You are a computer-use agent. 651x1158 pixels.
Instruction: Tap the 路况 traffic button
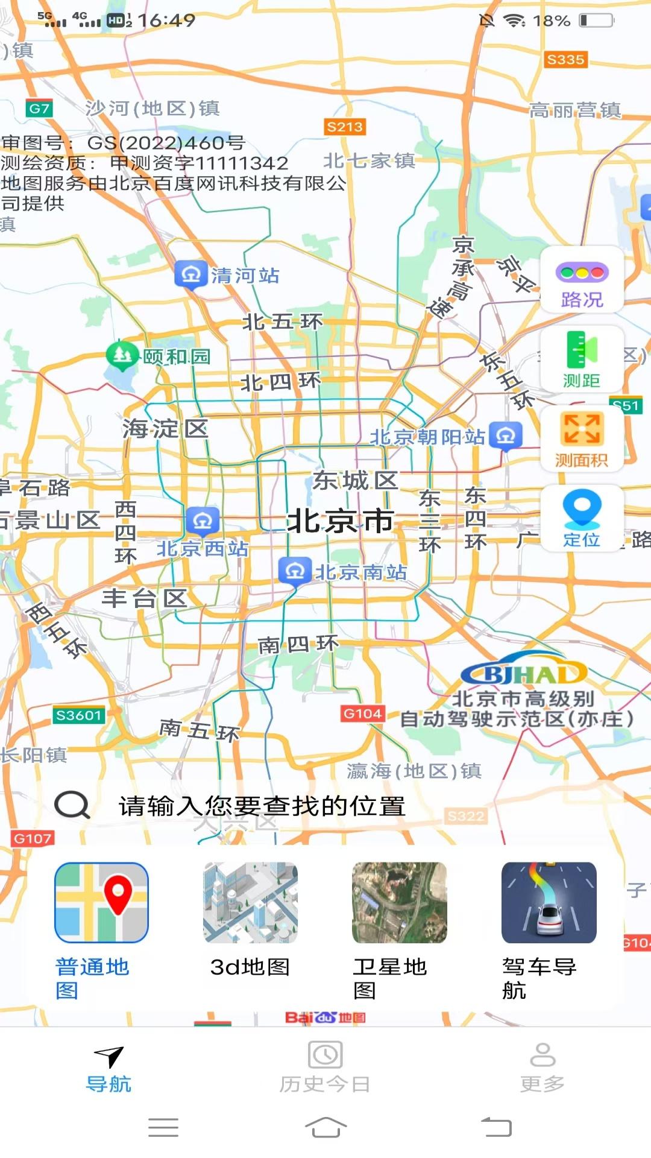tap(582, 280)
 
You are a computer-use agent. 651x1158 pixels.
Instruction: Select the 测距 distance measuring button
tap(582, 359)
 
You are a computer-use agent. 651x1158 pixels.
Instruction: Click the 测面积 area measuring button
tap(582, 439)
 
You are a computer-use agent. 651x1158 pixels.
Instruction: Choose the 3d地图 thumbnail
tap(250, 903)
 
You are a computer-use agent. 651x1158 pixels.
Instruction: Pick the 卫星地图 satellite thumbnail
tap(400, 903)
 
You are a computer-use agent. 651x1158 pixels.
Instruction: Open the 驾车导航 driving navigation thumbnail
tap(549, 903)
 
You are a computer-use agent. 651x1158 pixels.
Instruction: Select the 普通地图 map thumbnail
tap(101, 903)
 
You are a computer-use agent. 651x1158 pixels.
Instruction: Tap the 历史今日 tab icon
tap(325, 1055)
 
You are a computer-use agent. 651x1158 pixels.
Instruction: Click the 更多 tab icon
tap(542, 1055)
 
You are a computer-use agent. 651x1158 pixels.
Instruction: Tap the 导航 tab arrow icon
tap(109, 1056)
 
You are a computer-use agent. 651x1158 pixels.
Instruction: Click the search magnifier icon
tap(72, 805)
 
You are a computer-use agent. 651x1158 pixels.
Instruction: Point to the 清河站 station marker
tap(191, 275)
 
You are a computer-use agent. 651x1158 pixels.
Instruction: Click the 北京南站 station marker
tap(295, 571)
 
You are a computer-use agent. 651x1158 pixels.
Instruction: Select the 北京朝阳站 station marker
tap(506, 435)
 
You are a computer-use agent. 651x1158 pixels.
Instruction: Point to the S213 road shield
tap(345, 127)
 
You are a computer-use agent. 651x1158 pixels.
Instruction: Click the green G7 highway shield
tap(39, 109)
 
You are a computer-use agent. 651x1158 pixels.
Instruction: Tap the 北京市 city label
tap(341, 520)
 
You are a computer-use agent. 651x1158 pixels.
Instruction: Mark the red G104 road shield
tap(362, 713)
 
